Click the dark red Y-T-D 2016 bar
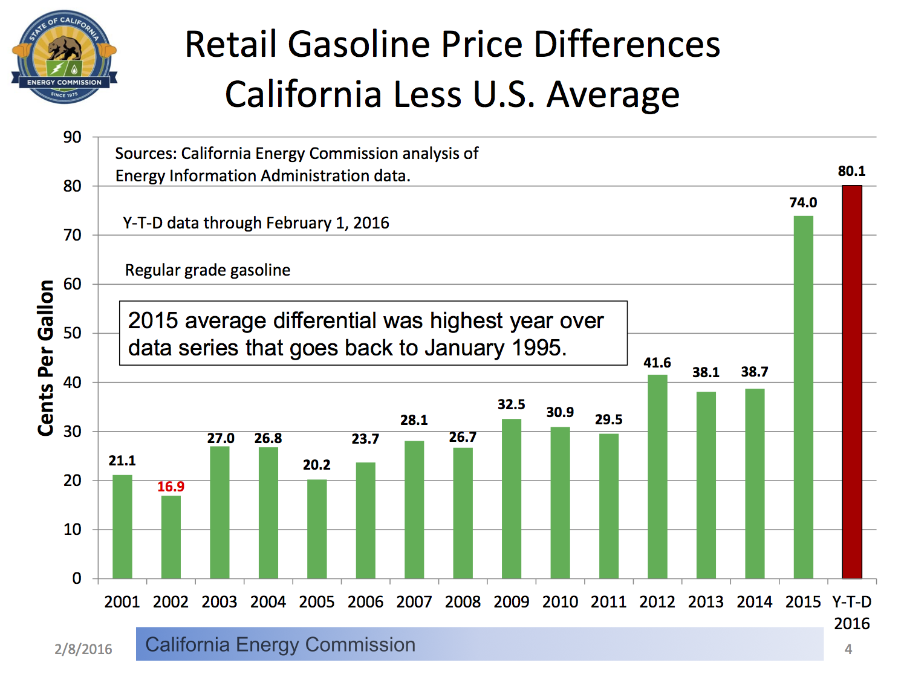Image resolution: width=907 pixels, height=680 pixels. pos(852,382)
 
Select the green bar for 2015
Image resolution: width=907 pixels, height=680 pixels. pos(803,397)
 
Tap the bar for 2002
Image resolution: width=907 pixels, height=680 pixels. pos(171,537)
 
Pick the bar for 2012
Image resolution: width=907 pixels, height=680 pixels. pos(657,476)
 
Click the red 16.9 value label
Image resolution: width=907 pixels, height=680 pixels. pos(171,487)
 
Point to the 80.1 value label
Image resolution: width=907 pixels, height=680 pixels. pos(851,171)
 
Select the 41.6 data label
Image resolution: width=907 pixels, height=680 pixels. pos(657,363)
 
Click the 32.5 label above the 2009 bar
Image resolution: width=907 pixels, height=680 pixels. pos(512,404)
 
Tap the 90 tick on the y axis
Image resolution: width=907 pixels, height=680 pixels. pos(73,137)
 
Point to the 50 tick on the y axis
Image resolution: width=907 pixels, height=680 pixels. pos(73,333)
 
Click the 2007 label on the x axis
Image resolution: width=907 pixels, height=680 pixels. pos(414,602)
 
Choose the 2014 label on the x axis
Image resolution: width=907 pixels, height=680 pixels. pos(755,602)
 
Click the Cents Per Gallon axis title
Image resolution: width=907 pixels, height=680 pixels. pos(46,358)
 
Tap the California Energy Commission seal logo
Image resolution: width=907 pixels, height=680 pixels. pos(64,56)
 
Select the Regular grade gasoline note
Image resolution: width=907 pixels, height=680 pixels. pos(207,270)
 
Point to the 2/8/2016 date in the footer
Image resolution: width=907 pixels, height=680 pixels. pos(83,649)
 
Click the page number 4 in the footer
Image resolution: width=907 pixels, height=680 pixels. pos(848,649)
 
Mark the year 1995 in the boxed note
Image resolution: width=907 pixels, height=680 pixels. pos(537,348)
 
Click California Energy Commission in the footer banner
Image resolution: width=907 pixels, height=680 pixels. pos(281,644)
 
